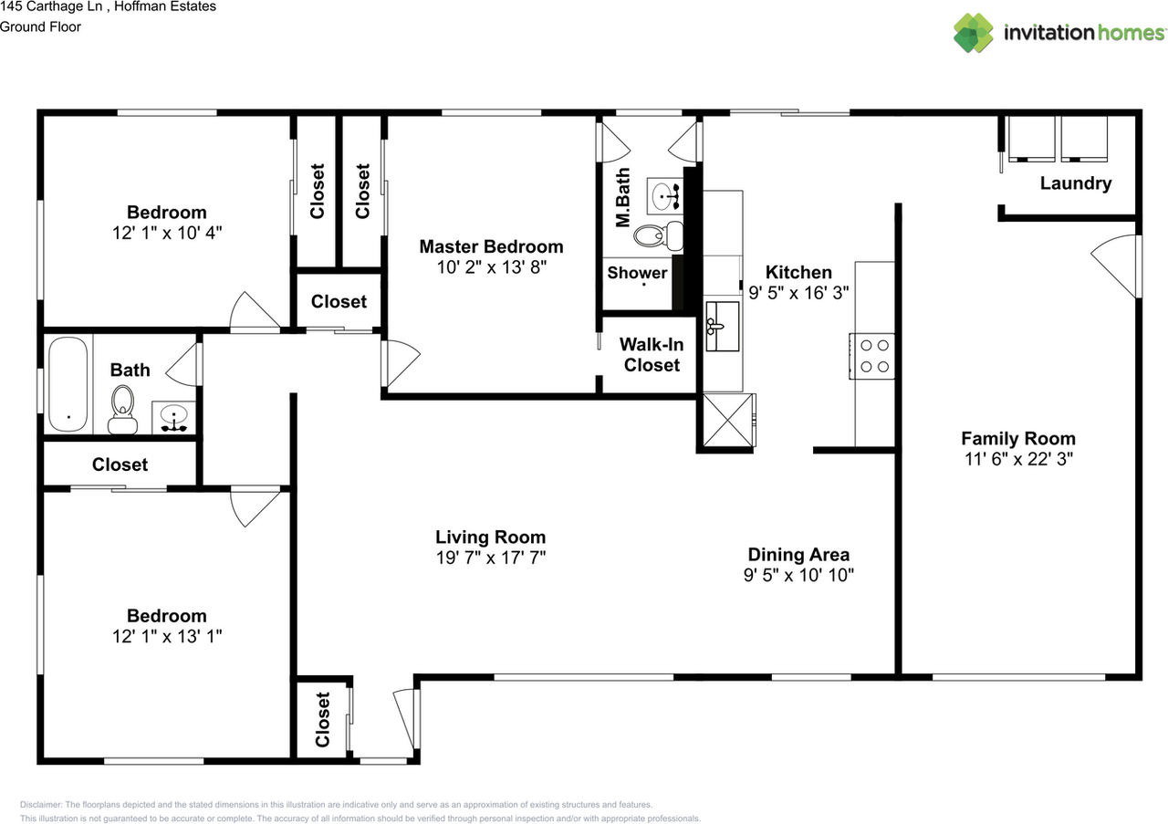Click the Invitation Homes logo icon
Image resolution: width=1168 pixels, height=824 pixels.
tap(973, 33)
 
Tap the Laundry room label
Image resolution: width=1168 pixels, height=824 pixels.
tap(1076, 183)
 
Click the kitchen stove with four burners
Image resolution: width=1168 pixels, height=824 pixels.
tap(871, 356)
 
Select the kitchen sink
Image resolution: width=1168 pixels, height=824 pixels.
tap(722, 326)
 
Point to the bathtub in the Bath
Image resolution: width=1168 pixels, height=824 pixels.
tap(68, 384)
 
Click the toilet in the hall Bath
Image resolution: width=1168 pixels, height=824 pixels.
tap(123, 410)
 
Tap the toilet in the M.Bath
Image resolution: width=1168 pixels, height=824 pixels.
tap(659, 235)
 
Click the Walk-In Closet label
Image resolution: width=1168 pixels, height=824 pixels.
tap(652, 355)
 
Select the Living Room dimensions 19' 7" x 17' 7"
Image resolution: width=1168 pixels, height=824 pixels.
tap(491, 558)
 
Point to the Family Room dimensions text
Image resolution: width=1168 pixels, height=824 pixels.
tap(1018, 459)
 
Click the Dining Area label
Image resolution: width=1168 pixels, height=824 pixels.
tap(798, 555)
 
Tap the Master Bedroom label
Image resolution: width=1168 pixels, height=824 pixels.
tap(491, 246)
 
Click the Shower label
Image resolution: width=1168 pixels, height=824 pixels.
tap(637, 272)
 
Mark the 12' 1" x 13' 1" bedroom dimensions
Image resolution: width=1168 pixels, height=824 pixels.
tap(167, 636)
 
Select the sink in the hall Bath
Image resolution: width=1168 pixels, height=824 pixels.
tap(173, 417)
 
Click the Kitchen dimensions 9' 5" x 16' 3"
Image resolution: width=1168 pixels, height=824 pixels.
tap(798, 293)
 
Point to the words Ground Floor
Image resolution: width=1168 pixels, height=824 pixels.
tap(40, 26)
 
